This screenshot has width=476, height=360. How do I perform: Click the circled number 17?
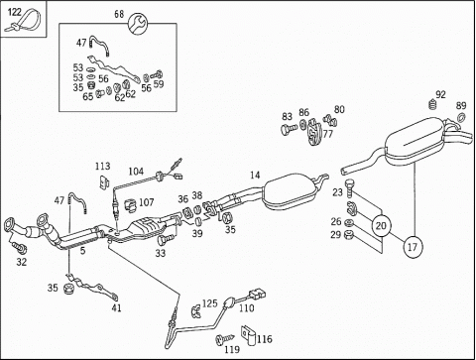pos(413,247)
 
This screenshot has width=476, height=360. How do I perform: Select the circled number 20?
pos(381,226)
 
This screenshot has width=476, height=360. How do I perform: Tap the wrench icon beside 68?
pos(138,24)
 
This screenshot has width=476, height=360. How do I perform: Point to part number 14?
pos(255,175)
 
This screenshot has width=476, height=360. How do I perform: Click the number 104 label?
pos(136,172)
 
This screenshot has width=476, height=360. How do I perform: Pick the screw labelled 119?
pos(224,339)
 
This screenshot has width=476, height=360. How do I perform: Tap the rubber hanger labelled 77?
pos(313,132)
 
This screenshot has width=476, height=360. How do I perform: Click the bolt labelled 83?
pos(290,129)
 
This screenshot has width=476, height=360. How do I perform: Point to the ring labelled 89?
pos(461,117)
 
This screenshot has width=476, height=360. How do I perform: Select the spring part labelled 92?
pos(432,104)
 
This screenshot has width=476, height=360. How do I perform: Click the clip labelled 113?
pos(105,182)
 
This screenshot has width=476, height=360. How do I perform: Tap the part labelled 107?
pos(131,205)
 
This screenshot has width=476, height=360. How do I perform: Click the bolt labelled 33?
pos(166,239)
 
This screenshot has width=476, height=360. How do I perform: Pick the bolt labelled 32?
pos(19,247)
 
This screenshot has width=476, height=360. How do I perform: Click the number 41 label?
pos(116,308)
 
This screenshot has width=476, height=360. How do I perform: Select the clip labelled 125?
pos(195,311)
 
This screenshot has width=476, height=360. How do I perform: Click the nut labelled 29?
pos(348,235)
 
